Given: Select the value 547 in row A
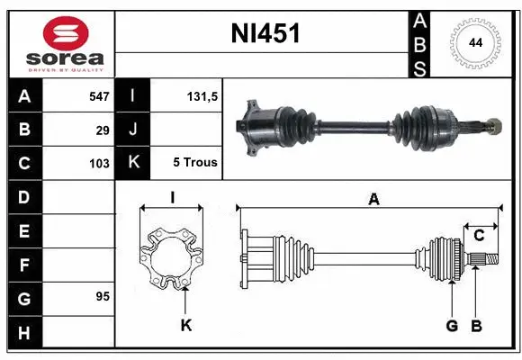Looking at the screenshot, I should tap(97, 95).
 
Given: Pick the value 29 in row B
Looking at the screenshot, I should tap(103, 130).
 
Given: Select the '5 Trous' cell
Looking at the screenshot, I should tap(194, 163).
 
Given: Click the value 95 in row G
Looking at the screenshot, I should tap(102, 295).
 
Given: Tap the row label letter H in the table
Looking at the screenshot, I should tap(23, 333).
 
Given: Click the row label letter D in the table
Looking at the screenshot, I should tap(23, 196).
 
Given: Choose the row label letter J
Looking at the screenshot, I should tap(132, 130).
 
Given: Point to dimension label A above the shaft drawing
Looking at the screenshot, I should tap(373, 200).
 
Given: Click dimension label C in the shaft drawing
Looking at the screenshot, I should tap(480, 236).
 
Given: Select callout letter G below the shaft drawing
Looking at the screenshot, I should tap(452, 325).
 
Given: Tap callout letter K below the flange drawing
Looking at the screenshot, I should tap(185, 325).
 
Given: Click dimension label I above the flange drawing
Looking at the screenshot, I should tap(171, 198).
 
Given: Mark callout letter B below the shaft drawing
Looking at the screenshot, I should tap(477, 325).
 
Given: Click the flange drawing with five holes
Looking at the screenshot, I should tap(171, 256).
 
